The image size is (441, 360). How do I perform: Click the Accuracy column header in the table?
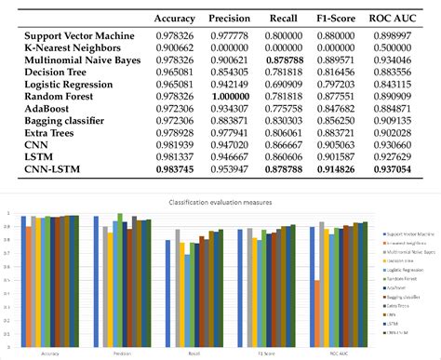(x=174, y=17)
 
